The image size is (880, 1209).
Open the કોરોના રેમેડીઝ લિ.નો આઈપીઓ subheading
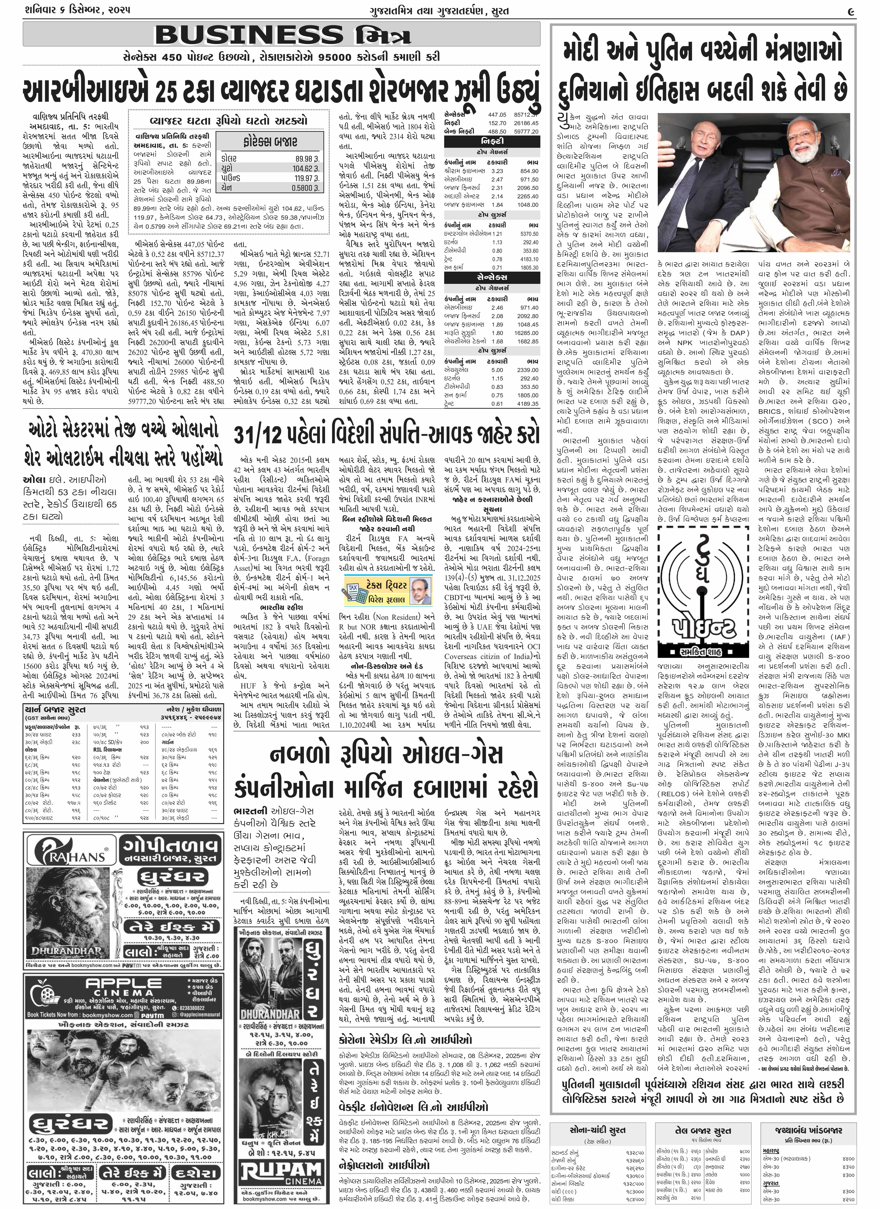[x=405, y=1040]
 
